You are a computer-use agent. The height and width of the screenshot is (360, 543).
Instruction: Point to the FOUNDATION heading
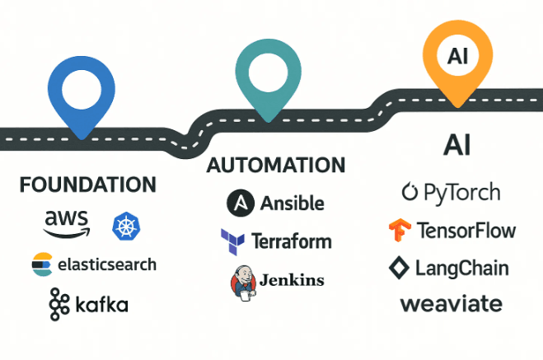point(87,184)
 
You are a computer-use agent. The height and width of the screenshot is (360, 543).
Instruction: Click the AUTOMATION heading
point(275,165)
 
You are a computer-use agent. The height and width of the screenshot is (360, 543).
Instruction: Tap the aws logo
point(66,222)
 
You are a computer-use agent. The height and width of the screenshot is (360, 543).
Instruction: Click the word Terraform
point(292,241)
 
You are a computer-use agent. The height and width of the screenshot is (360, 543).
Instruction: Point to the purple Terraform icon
point(232,242)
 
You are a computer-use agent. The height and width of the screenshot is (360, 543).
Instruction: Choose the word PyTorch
point(461,193)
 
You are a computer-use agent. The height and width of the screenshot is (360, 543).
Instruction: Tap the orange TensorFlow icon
point(401,230)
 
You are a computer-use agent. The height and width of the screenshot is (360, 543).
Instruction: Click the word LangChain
point(461,268)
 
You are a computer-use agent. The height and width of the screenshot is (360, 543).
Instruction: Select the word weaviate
point(451,304)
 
